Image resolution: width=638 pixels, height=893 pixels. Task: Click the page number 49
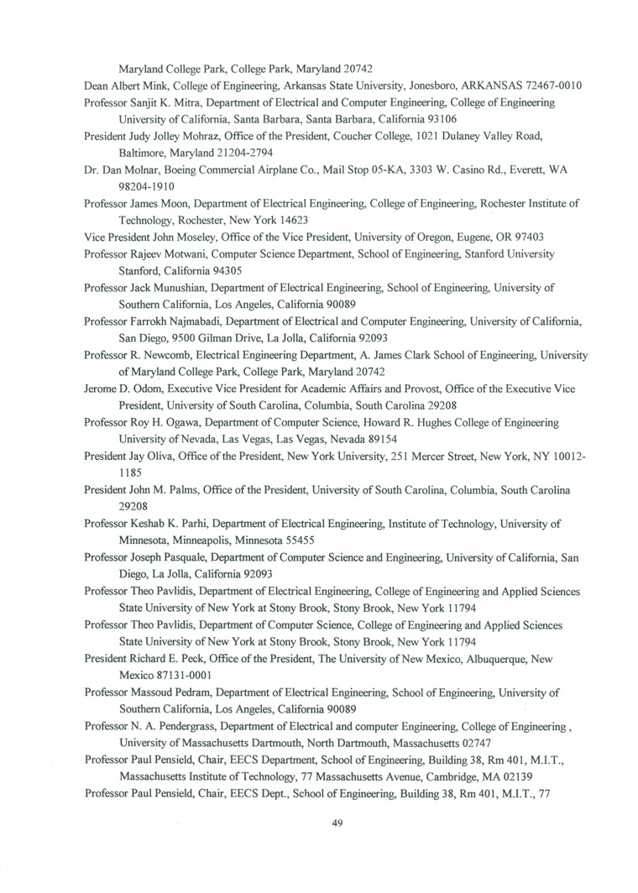[338, 822]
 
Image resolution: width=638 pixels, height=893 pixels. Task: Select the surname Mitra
[184, 102]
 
